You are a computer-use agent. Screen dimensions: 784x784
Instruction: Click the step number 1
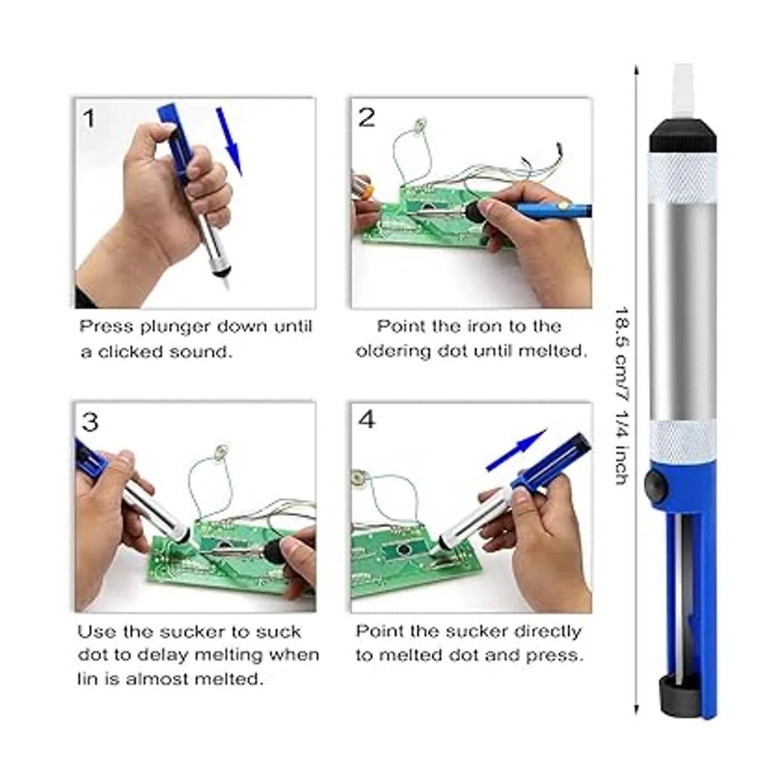(x=89, y=118)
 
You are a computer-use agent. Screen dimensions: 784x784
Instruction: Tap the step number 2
(x=366, y=118)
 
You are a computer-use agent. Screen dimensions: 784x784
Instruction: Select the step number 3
(x=90, y=422)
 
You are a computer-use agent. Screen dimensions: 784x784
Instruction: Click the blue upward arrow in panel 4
(x=517, y=450)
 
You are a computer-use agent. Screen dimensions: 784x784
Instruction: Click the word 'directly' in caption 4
(x=547, y=632)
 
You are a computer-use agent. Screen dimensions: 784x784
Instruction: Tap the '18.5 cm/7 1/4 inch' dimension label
(x=622, y=395)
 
